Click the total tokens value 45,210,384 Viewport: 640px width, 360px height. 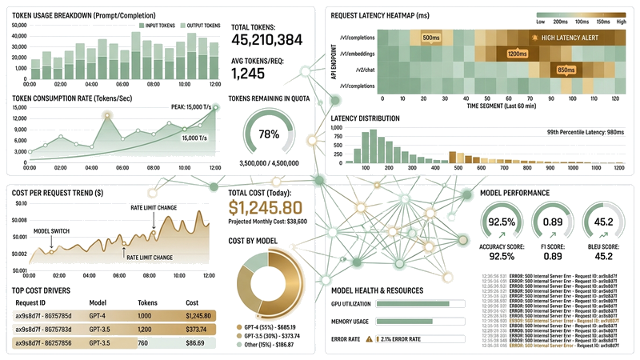click(x=266, y=38)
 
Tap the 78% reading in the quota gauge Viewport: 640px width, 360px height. click(x=269, y=134)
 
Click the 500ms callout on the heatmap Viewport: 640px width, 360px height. click(x=430, y=38)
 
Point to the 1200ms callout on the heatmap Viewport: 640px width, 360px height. click(x=517, y=54)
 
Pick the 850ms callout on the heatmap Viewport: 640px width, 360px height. click(x=566, y=70)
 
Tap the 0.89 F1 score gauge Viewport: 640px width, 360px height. click(x=552, y=222)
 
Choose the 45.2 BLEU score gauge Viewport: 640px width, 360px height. click(x=604, y=222)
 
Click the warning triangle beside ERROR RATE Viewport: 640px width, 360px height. click(x=369, y=339)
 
